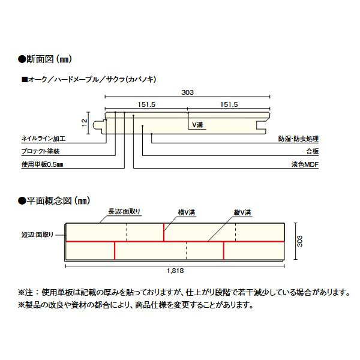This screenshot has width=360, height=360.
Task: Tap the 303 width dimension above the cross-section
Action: point(187,92)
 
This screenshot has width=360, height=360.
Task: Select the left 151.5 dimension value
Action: point(146,104)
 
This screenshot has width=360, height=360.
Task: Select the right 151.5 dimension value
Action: point(229,104)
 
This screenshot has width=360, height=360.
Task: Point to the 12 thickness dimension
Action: point(84,122)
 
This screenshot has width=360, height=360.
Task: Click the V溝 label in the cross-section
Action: point(197,125)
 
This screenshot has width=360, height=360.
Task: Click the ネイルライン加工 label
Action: point(43,139)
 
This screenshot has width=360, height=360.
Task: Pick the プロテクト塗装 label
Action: point(40,151)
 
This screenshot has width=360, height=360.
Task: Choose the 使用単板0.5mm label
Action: point(42,164)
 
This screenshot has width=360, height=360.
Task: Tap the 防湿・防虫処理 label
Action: point(298,139)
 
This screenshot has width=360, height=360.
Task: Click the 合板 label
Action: point(312,151)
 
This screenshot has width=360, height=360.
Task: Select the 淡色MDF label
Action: point(305,164)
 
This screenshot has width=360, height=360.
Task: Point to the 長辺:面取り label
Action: point(124,211)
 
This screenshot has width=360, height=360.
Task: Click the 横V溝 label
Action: point(187,212)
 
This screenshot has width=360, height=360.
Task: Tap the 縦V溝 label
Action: point(242,212)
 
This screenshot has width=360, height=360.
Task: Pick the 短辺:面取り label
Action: point(37,235)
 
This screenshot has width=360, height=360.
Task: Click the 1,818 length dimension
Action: point(175,271)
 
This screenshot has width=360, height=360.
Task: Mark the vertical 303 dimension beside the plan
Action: point(299,241)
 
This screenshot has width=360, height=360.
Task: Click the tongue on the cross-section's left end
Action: point(98,125)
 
